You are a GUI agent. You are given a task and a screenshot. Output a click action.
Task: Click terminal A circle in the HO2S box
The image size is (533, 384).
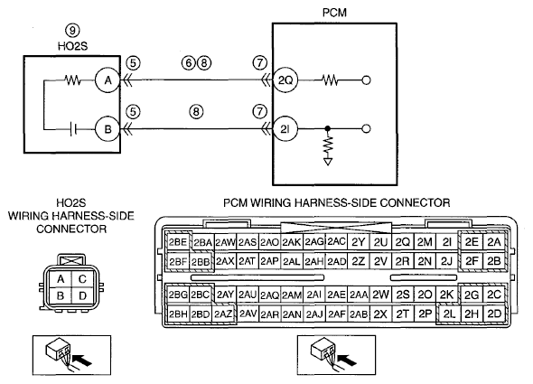(x=108, y=80)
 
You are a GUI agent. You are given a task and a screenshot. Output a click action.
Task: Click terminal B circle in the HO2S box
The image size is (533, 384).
(x=108, y=129)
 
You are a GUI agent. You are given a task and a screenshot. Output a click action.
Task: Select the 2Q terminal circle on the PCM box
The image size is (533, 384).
(x=285, y=80)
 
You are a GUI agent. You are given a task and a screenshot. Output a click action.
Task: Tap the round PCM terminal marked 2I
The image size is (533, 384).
(x=285, y=129)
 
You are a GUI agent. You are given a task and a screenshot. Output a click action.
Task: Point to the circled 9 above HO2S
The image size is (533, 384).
(x=72, y=31)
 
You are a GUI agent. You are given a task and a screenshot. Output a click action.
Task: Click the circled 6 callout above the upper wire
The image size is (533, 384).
(x=189, y=63)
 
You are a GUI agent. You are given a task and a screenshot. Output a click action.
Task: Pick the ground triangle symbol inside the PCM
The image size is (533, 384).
(x=328, y=162)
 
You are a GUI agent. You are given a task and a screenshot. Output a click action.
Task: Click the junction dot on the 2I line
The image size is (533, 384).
(x=327, y=128)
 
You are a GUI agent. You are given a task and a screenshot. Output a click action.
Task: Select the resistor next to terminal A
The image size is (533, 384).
(x=73, y=80)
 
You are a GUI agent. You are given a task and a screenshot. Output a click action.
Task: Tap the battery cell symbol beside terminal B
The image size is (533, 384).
(x=73, y=129)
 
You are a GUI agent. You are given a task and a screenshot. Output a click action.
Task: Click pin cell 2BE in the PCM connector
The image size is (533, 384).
(x=178, y=242)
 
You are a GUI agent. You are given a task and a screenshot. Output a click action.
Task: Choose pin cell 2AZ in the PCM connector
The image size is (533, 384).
(x=223, y=314)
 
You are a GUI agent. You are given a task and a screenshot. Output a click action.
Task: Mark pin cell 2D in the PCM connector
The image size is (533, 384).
(x=494, y=314)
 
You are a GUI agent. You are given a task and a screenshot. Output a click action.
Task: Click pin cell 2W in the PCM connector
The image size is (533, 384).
(x=380, y=295)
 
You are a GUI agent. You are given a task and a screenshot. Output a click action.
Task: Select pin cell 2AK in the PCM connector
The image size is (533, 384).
(x=292, y=242)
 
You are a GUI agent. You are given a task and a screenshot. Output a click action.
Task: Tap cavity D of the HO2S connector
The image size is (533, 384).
(x=83, y=296)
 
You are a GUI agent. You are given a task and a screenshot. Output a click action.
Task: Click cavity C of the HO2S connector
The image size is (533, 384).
(x=82, y=279)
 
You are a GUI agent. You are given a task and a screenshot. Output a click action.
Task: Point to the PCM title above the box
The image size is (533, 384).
(x=334, y=13)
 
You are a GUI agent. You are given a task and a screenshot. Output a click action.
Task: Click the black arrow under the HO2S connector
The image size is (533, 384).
(x=82, y=361)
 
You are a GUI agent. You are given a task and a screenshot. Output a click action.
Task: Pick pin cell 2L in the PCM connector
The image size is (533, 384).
(x=449, y=314)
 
